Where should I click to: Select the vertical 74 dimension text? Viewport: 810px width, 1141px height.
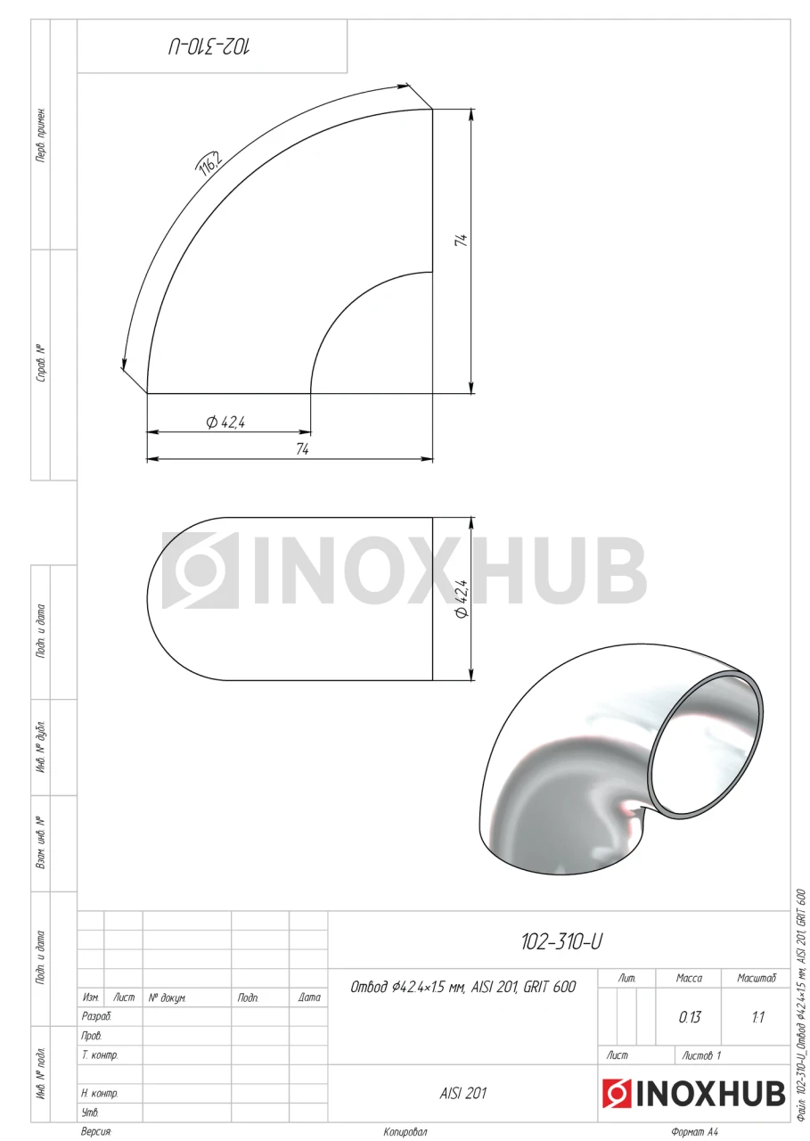461,241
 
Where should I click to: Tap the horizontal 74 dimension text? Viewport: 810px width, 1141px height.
302,449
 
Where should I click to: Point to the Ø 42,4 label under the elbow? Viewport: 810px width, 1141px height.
225,423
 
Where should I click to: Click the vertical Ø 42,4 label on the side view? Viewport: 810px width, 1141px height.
462,599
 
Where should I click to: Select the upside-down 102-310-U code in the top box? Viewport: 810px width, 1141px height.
209,47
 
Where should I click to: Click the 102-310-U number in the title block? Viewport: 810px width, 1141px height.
561,942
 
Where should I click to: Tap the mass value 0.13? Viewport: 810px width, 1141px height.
690,1017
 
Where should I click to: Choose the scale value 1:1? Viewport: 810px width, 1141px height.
757,1017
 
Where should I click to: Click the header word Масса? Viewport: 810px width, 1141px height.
689,978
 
